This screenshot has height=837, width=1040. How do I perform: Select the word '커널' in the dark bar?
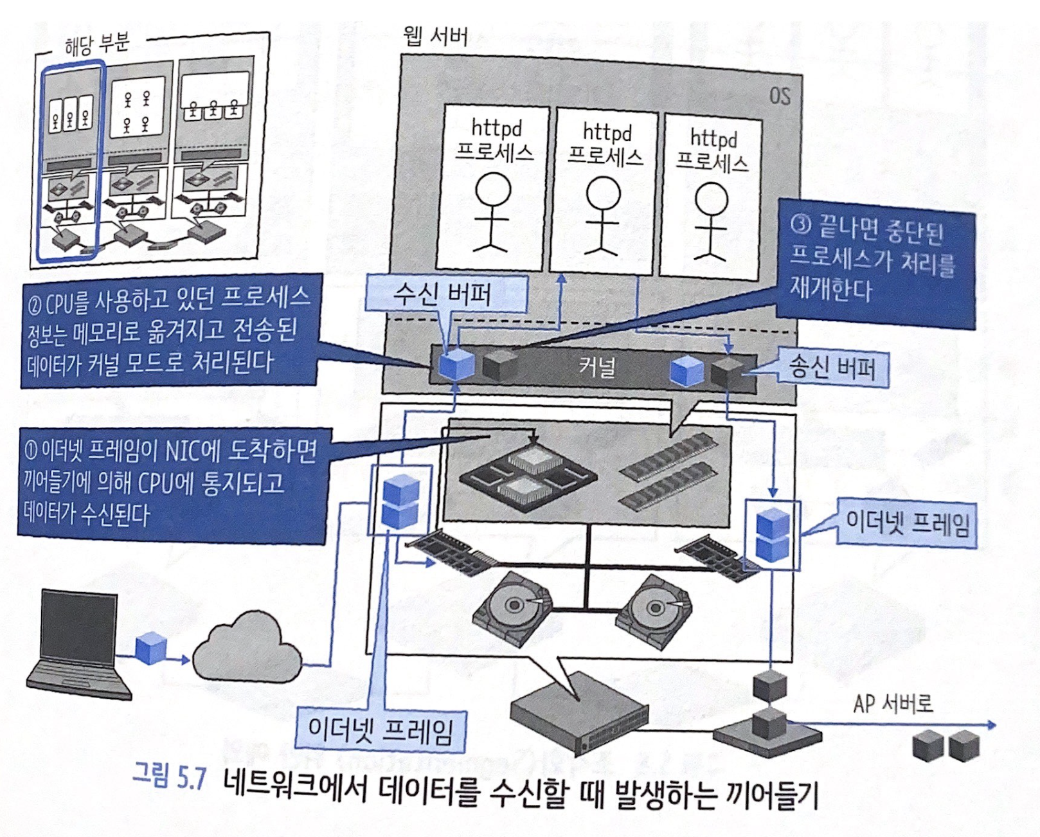(597, 366)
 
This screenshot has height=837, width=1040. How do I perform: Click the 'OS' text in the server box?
(779, 96)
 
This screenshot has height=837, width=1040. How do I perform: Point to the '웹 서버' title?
(435, 36)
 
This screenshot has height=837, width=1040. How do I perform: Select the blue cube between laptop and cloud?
(151, 647)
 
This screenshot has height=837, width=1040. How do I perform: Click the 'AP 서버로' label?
(892, 704)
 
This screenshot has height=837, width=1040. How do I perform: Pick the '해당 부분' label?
(97, 44)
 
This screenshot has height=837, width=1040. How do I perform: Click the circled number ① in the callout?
(31, 450)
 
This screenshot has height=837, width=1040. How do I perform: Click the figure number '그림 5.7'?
(169, 779)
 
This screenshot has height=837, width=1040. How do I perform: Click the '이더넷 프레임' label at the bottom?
(381, 730)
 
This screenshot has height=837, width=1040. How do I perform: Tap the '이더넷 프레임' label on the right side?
(906, 524)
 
